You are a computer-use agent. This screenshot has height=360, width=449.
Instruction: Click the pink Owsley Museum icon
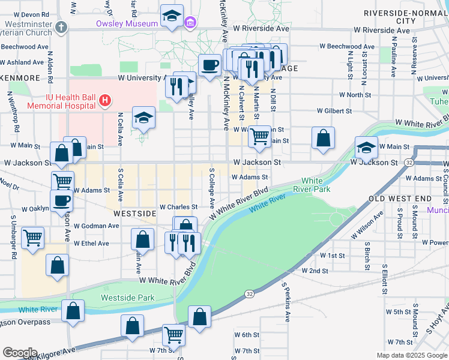(x=190, y=24)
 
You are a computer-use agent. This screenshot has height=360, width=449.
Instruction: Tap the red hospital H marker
(x=105, y=100)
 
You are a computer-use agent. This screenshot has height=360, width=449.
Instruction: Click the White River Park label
(x=312, y=184)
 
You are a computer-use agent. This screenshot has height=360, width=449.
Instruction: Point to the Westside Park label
(x=127, y=298)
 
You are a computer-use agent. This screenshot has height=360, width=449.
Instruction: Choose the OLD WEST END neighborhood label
(x=400, y=198)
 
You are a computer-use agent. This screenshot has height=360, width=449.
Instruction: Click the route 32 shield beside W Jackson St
(x=409, y=163)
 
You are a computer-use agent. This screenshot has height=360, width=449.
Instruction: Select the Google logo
(x=19, y=352)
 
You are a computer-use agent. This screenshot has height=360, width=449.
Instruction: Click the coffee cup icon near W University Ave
(x=209, y=65)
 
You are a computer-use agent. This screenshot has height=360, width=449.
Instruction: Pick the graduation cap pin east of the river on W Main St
(x=366, y=148)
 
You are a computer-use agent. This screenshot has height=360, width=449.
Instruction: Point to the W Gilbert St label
(x=334, y=111)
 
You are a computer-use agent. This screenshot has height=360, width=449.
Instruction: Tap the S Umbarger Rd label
(x=13, y=238)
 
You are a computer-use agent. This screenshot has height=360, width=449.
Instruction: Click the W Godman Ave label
(x=96, y=226)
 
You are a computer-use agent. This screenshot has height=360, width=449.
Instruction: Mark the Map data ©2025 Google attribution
(x=411, y=355)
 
